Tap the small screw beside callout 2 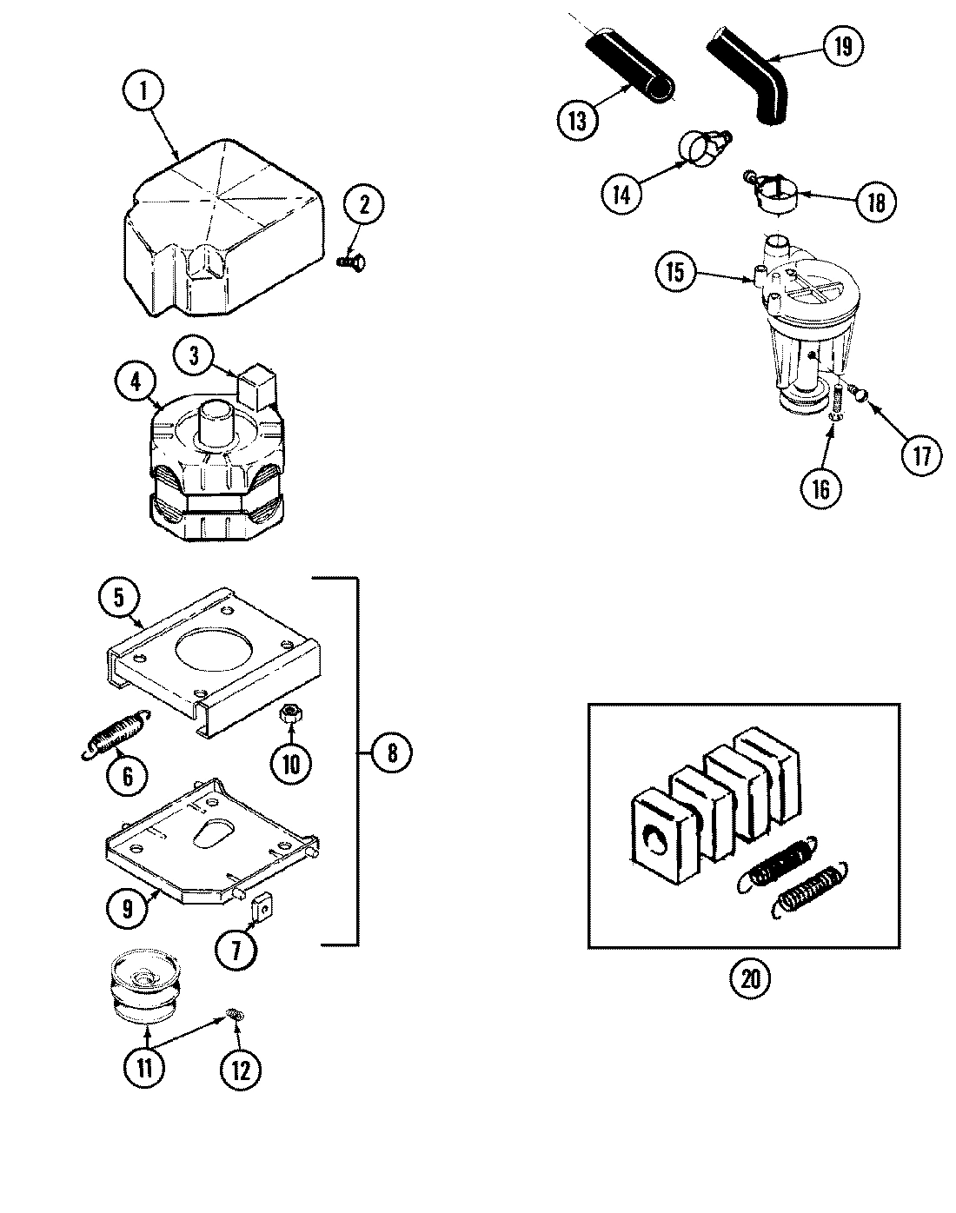[352, 258]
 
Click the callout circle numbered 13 [578, 120]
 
